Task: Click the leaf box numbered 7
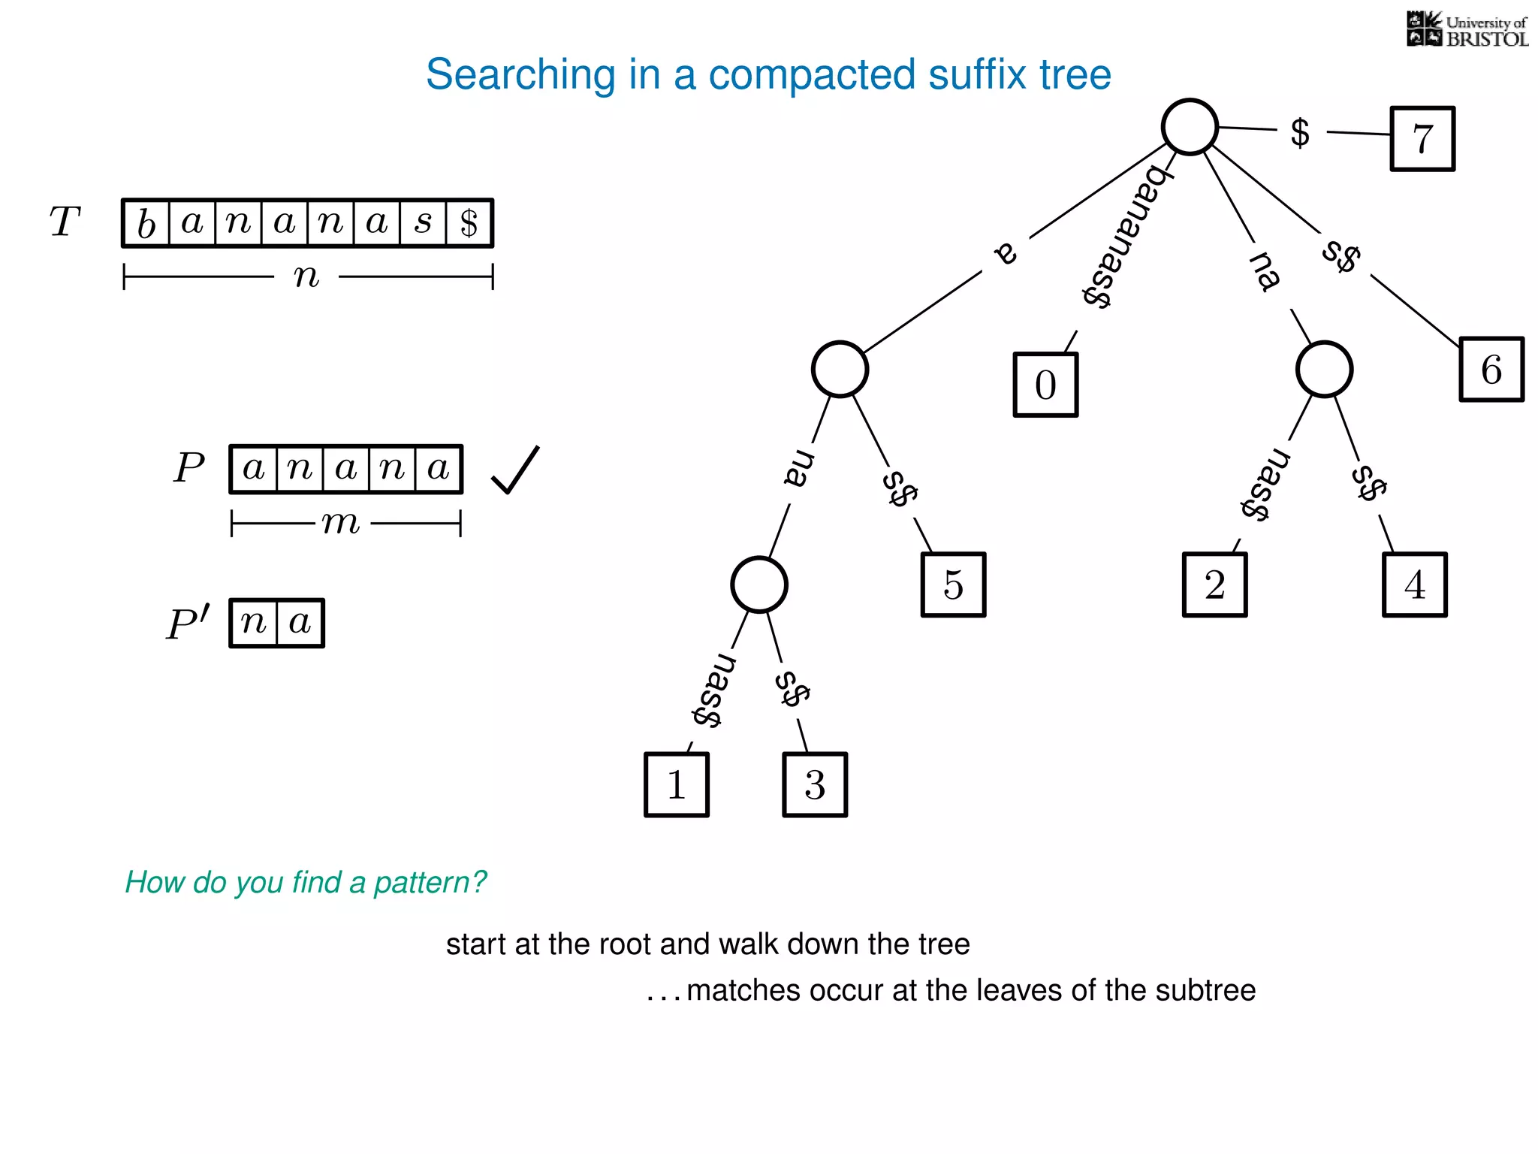(1422, 139)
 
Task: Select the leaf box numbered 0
(1045, 385)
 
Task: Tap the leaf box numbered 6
(1491, 370)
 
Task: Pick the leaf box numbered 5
(953, 585)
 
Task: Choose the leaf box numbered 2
(1214, 585)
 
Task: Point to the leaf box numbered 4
(1414, 585)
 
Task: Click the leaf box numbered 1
(677, 785)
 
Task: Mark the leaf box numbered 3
(815, 785)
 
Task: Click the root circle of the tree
(1190, 127)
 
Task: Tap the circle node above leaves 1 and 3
(759, 585)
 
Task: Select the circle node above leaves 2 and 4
(1324, 369)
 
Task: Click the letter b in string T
(146, 224)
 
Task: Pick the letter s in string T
(424, 223)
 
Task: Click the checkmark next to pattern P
(515, 470)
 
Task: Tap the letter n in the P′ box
(254, 623)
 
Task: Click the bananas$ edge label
(1123, 237)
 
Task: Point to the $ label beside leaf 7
(1300, 133)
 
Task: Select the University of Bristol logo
(1467, 30)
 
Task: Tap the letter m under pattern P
(341, 522)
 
